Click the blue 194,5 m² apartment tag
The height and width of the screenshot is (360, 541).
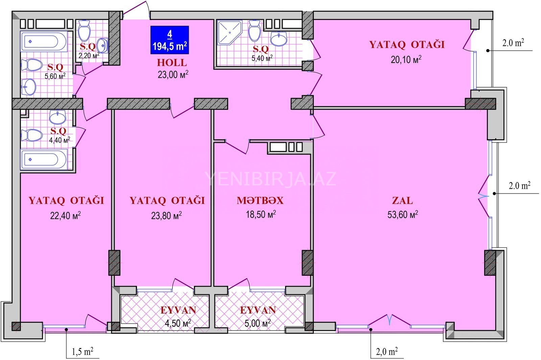tap(169, 40)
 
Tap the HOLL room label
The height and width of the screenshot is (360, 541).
tap(172, 63)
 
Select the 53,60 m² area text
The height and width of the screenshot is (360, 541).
tap(403, 214)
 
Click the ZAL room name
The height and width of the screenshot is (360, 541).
tap(402, 200)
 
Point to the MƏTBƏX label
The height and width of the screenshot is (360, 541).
tap(260, 201)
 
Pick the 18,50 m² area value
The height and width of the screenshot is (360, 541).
tap(261, 214)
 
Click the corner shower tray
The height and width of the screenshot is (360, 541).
tap(230, 32)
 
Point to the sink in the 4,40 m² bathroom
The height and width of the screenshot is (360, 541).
tap(57, 117)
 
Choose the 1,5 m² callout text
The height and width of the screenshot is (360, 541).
tap(83, 352)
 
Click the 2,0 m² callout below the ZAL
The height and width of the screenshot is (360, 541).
tap(387, 351)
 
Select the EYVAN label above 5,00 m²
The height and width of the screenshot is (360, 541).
tap(258, 310)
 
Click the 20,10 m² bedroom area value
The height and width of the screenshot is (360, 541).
tap(406, 59)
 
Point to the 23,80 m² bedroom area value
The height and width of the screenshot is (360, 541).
tap(166, 215)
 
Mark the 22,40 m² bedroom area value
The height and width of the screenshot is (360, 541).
tap(65, 215)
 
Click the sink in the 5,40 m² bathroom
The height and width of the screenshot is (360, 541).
tap(279, 39)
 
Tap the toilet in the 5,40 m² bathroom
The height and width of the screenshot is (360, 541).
tap(255, 31)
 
